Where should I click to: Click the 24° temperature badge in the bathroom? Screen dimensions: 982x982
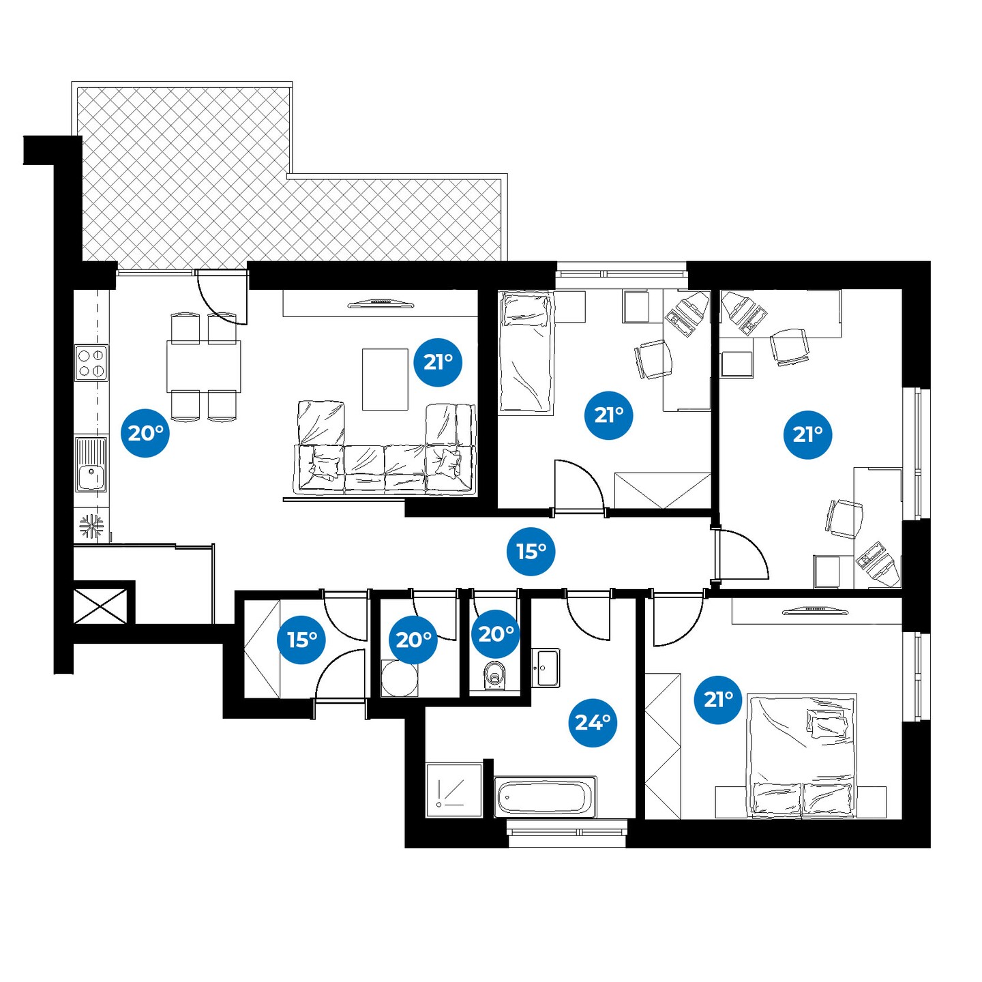click(592, 723)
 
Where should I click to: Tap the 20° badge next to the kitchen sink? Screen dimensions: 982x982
click(145, 433)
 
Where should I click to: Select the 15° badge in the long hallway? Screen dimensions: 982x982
click(531, 552)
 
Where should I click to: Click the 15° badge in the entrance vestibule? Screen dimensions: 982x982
click(301, 640)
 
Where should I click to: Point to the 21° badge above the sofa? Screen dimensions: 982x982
click(438, 362)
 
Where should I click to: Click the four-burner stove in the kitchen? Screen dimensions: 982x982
click(91, 363)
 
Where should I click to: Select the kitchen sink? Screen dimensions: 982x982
click(91, 464)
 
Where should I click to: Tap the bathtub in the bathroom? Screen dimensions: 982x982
click(546, 797)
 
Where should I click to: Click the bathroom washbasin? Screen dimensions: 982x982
click(546, 668)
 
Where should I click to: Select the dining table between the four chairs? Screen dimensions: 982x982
click(204, 366)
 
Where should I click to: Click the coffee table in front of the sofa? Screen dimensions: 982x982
click(385, 379)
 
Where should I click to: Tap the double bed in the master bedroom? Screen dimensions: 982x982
click(801, 756)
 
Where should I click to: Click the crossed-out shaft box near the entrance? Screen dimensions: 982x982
click(100, 606)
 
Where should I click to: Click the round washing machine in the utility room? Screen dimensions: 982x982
click(400, 679)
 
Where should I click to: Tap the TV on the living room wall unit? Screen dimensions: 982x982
click(381, 304)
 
